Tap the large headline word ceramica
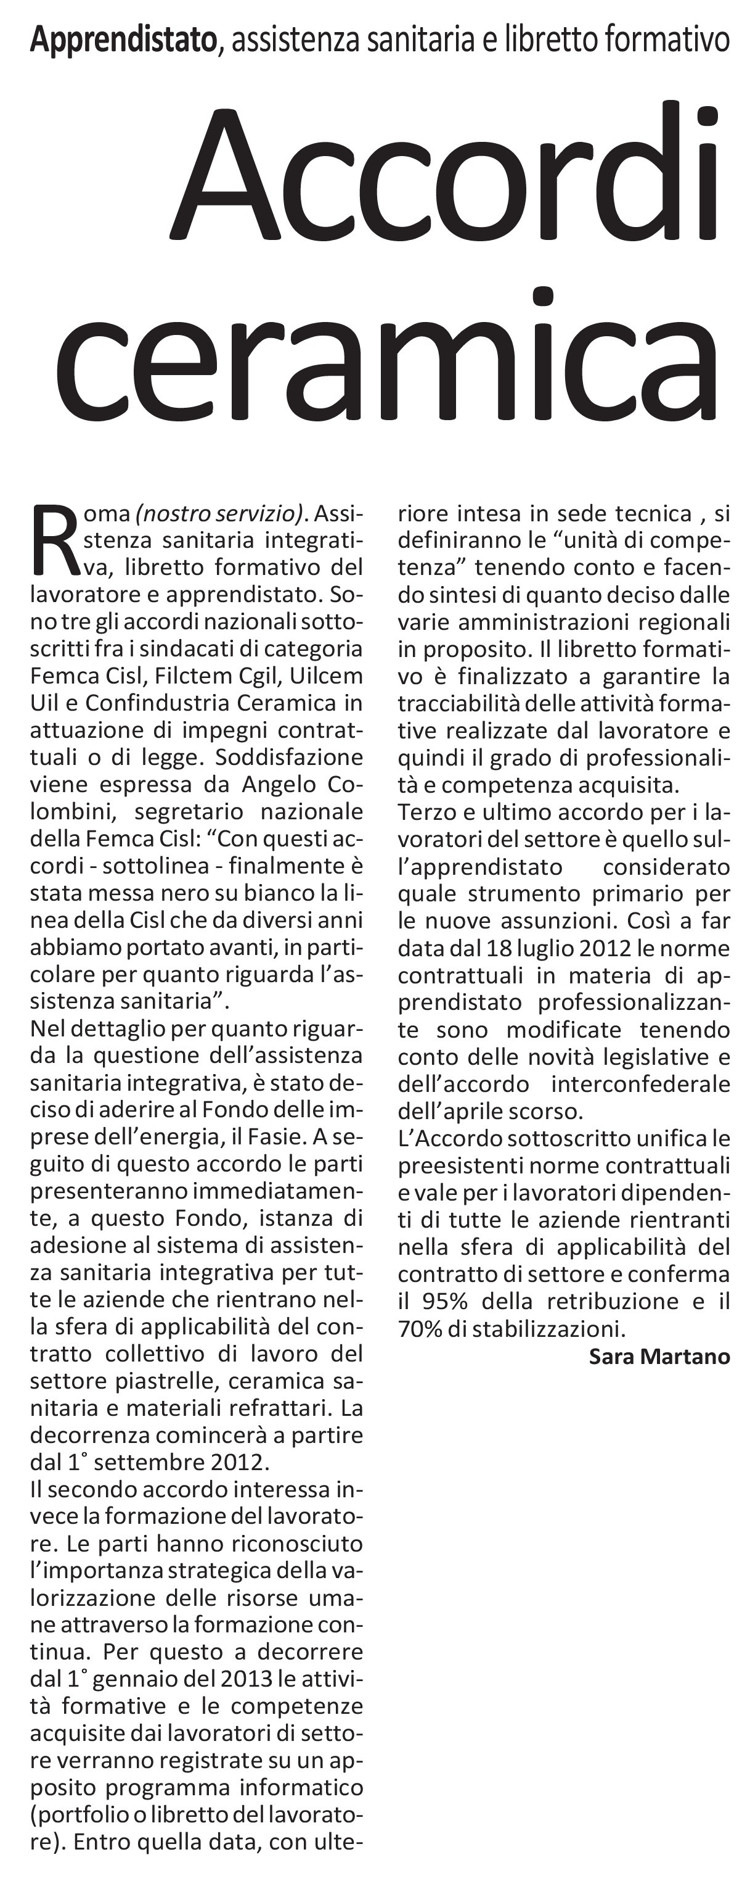coord(386,357)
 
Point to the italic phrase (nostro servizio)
coord(218,513)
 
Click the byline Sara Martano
coord(659,1357)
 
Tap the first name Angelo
coord(279,784)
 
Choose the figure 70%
coord(420,1328)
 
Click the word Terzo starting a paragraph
coord(428,812)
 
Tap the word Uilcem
coord(325,676)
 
